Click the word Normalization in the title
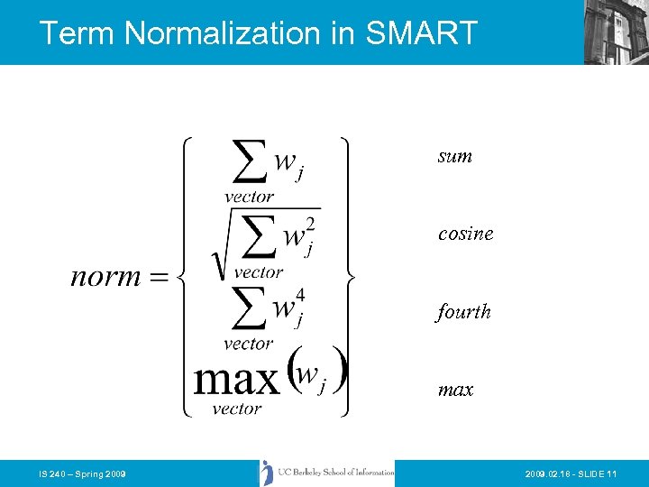click(x=221, y=33)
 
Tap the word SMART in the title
click(x=421, y=33)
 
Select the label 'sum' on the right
click(x=455, y=156)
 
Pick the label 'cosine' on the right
click(x=466, y=234)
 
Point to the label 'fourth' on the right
click(x=464, y=312)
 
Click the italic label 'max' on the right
click(x=456, y=391)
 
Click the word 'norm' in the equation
click(x=105, y=276)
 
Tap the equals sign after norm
click(x=159, y=277)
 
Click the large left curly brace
click(x=184, y=276)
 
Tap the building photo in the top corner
click(x=616, y=32)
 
